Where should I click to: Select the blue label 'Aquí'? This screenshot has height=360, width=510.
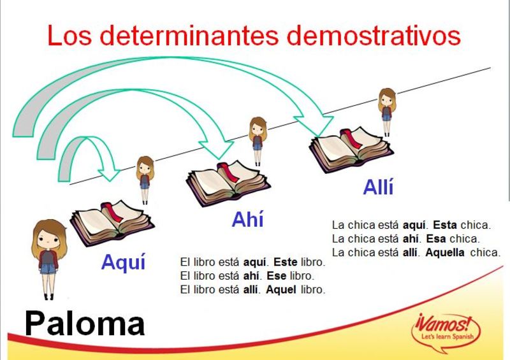pos(123,261)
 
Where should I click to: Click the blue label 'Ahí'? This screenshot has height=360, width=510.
pos(248,220)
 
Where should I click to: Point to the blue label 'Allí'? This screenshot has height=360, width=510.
pos(379,187)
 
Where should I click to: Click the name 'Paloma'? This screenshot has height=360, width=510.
pos(85,324)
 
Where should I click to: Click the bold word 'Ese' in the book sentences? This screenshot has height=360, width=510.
pos(277,277)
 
